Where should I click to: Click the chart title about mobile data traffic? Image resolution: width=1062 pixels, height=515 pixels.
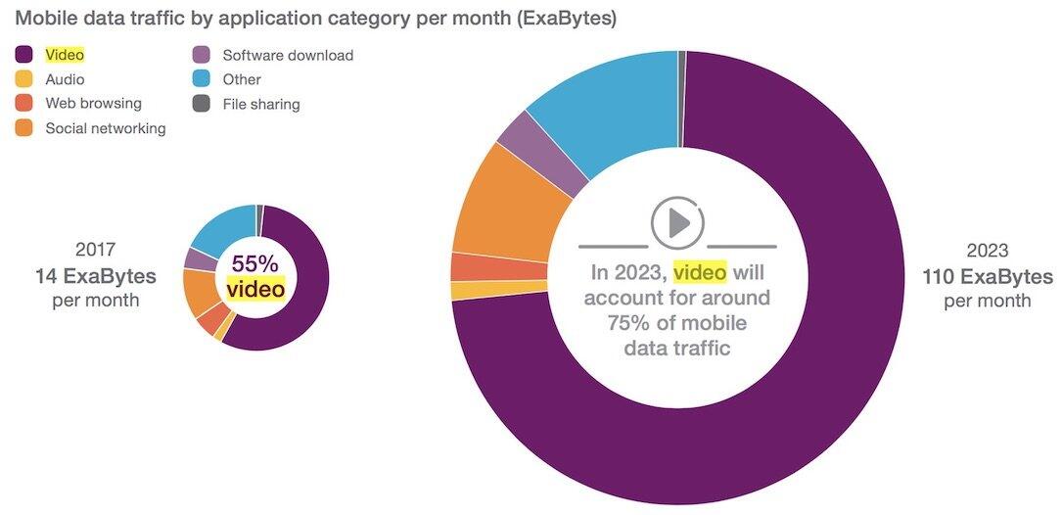pyautogui.click(x=315, y=19)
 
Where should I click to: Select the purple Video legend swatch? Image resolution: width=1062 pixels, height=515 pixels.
pyautogui.click(x=24, y=56)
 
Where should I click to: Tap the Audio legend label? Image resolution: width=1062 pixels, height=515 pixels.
pyautogui.click(x=65, y=79)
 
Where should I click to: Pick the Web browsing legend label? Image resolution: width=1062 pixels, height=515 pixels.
pyautogui.click(x=93, y=103)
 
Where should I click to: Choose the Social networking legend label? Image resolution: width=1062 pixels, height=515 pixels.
pyautogui.click(x=105, y=127)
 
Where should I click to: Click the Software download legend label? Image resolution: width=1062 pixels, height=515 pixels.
pyautogui.click(x=288, y=56)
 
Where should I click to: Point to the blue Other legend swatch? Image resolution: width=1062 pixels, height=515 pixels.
pyautogui.click(x=201, y=79)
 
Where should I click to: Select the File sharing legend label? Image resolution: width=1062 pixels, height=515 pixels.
pyautogui.click(x=260, y=103)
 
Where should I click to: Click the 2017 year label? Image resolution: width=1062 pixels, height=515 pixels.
pyautogui.click(x=95, y=250)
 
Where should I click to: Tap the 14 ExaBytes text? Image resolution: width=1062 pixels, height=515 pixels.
pyautogui.click(x=95, y=275)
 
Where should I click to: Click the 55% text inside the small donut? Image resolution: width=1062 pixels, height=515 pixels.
pyautogui.click(x=255, y=264)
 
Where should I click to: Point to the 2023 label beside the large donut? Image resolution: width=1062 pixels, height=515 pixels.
pyautogui.click(x=987, y=251)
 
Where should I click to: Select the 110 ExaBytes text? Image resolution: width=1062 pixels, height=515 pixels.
pyautogui.click(x=987, y=276)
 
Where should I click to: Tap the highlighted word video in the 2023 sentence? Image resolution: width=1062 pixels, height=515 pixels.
pyautogui.click(x=699, y=271)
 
